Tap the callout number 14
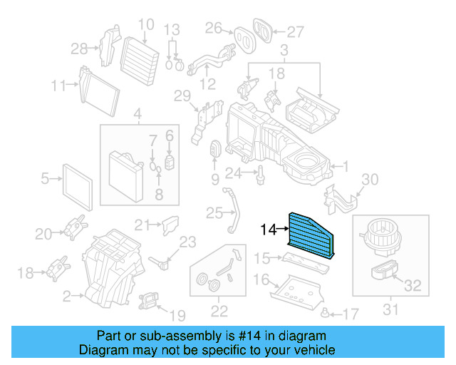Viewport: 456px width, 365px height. pyautogui.click(x=267, y=230)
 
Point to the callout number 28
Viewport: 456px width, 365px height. pyautogui.click(x=79, y=48)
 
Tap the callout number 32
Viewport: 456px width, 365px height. pyautogui.click(x=413, y=287)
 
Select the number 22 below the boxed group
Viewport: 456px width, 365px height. pyautogui.click(x=219, y=310)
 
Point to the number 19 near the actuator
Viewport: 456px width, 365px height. pyautogui.click(x=177, y=314)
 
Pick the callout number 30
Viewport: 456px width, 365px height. pyautogui.click(x=371, y=179)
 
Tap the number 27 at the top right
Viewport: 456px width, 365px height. pyautogui.click(x=295, y=31)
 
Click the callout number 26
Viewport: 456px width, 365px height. pyautogui.click(x=214, y=28)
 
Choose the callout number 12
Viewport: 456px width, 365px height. pyautogui.click(x=207, y=83)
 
